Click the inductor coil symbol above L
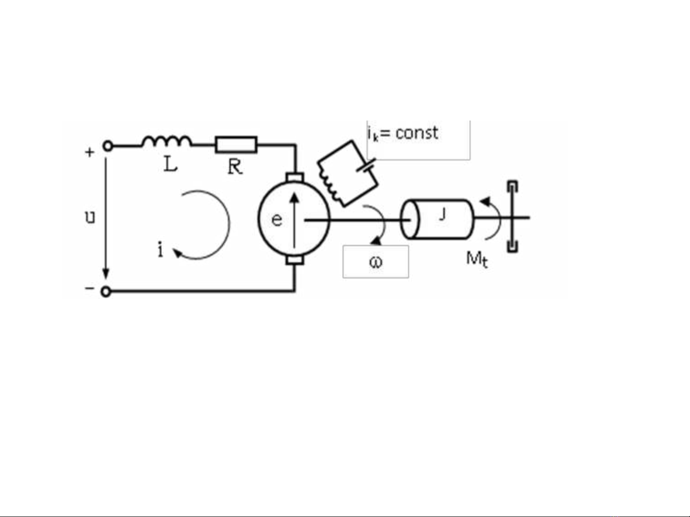coord(166,141)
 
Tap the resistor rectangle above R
coord(236,144)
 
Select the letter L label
coord(170,165)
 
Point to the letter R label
coord(235,167)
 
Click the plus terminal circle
coord(108,146)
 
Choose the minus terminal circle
coord(106,291)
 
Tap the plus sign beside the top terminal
coord(90,153)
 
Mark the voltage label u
coord(90,218)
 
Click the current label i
coord(160,249)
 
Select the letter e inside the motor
coord(277,220)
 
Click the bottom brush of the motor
coord(294,260)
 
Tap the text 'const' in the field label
coord(417,133)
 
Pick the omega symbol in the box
coord(376,262)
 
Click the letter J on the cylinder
coord(442,214)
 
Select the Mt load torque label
coord(477,260)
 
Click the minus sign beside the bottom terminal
coord(90,288)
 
